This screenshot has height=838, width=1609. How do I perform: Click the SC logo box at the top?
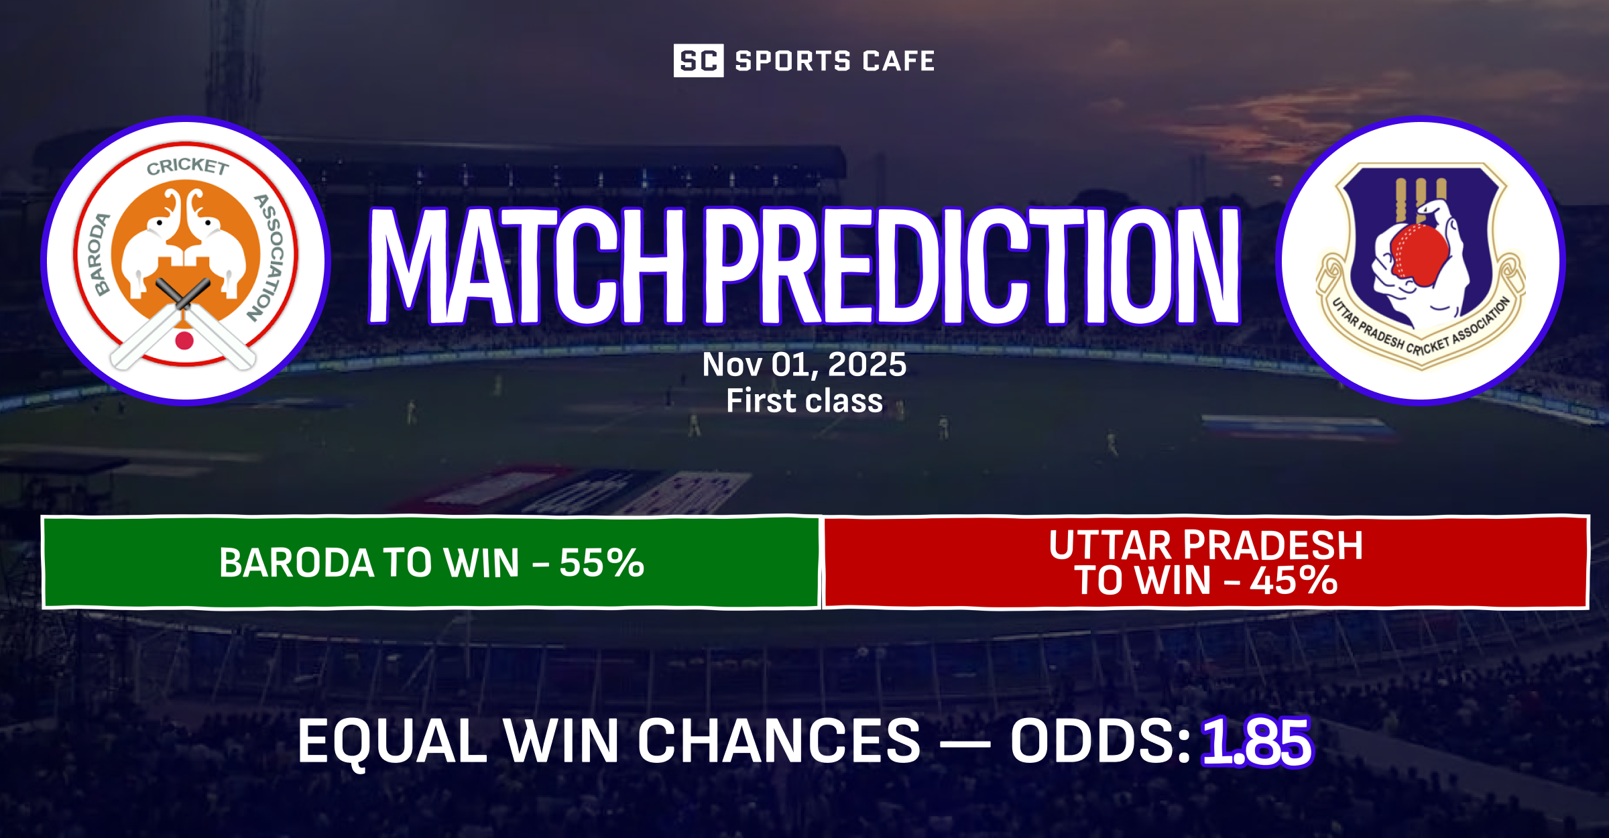pos(698,61)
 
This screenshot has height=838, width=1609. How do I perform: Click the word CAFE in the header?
pos(898,61)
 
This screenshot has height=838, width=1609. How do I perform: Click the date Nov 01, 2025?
pos(804,365)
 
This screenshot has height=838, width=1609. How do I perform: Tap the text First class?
pos(804,401)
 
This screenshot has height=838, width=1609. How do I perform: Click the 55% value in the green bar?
pos(601,562)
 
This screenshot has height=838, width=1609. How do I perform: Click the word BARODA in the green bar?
pos(296,562)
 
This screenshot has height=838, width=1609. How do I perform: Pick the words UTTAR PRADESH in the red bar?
pos(1205,544)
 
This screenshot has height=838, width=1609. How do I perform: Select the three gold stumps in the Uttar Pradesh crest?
pos(1421,199)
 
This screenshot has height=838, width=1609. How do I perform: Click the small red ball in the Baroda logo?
pos(184,341)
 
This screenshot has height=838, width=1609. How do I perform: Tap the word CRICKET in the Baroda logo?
pos(188,166)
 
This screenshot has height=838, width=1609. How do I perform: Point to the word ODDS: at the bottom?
pos(1099,741)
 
